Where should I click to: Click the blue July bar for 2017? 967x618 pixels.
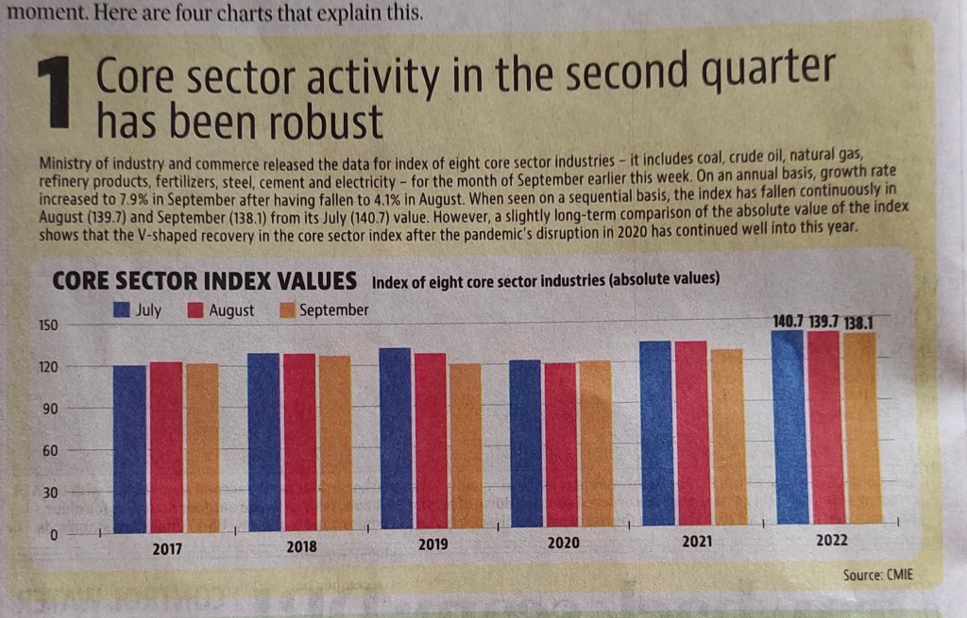(x=129, y=448)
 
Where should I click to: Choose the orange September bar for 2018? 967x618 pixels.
(x=334, y=443)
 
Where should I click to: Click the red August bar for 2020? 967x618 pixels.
(x=560, y=444)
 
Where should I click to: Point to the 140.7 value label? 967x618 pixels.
(x=788, y=322)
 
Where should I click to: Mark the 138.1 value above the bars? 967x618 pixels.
(x=858, y=322)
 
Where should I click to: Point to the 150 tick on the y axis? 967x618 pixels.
(x=47, y=326)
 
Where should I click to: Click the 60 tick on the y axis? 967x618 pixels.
(x=50, y=451)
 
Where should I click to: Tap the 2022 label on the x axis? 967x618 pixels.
(x=831, y=541)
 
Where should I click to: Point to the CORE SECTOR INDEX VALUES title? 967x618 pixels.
(x=204, y=281)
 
